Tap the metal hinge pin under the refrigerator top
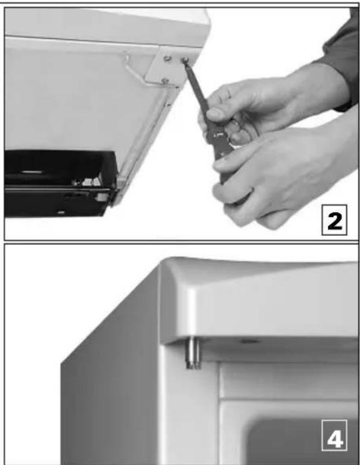tap(193, 353)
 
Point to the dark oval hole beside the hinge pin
tap(249, 342)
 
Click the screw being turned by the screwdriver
tap(185, 60)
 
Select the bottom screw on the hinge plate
tap(165, 81)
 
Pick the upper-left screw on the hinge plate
tap(167, 58)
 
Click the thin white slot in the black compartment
tap(32, 171)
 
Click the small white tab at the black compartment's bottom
tap(61, 212)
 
